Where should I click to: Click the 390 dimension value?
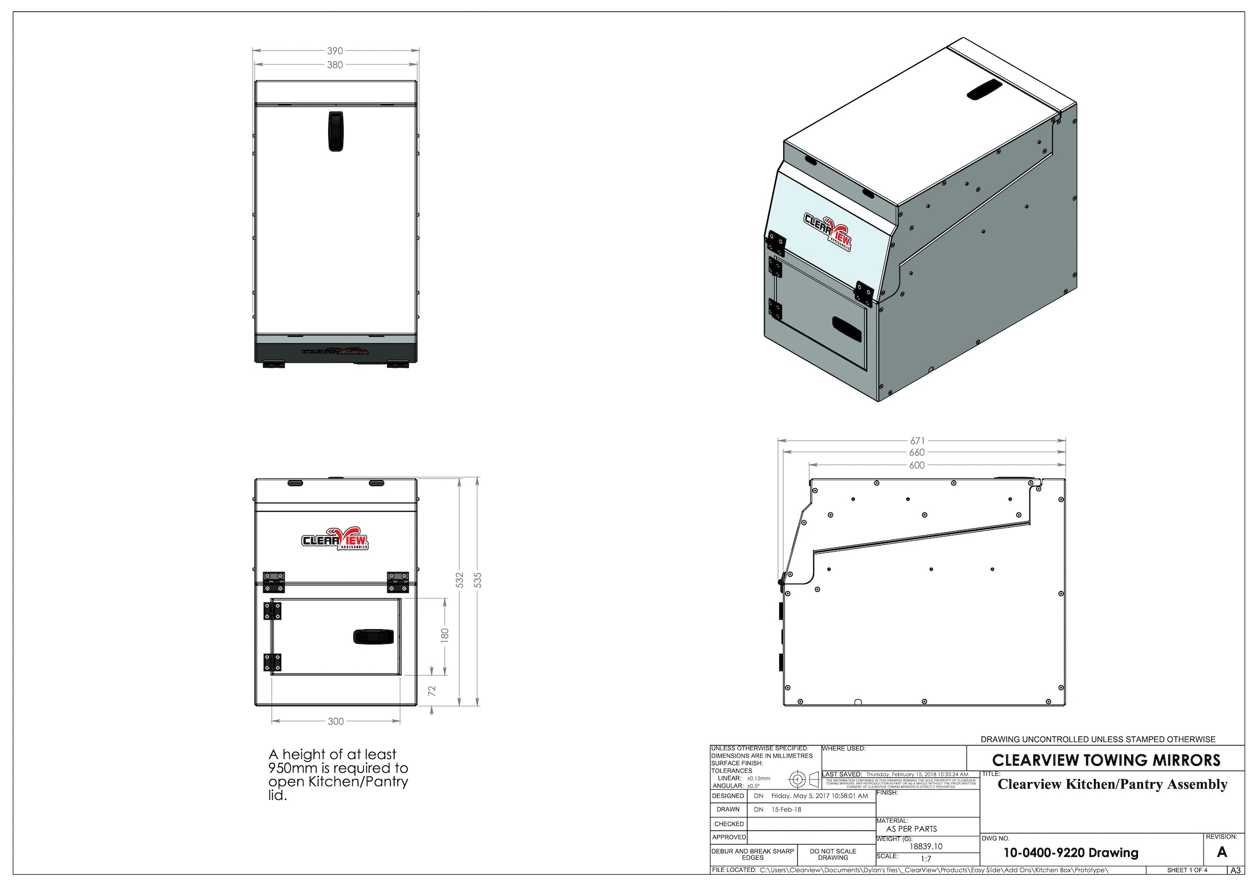[335, 51]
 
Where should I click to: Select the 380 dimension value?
[335, 65]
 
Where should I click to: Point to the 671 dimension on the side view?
[917, 441]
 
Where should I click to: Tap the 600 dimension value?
[917, 466]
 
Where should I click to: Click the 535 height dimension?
[477, 580]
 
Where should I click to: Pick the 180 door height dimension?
[445, 635]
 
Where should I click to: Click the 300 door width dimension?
[336, 721]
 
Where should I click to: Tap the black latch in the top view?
[335, 131]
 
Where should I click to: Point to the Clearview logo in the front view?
[335, 539]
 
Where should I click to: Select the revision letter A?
[1221, 852]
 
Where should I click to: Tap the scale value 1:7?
[926, 859]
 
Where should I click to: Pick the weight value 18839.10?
[926, 846]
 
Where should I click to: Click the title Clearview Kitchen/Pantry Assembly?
[1112, 784]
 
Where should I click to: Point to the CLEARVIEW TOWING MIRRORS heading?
[1106, 760]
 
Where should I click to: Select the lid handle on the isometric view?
[984, 89]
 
